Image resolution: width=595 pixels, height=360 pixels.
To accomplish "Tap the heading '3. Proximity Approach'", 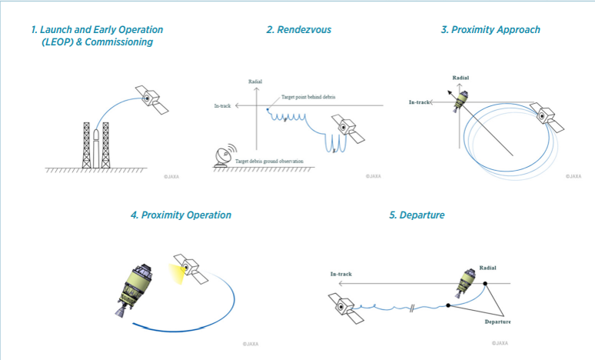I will [490, 30].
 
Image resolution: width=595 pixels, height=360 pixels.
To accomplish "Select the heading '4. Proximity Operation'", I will [181, 215].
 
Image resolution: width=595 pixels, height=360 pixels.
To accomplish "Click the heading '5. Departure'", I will [417, 215].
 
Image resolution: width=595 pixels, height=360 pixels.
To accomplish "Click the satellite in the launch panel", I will [153, 98].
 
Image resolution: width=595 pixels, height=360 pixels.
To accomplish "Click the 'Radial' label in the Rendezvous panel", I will [255, 81].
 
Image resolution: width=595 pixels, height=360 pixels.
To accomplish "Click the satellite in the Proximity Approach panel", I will [547, 115].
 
